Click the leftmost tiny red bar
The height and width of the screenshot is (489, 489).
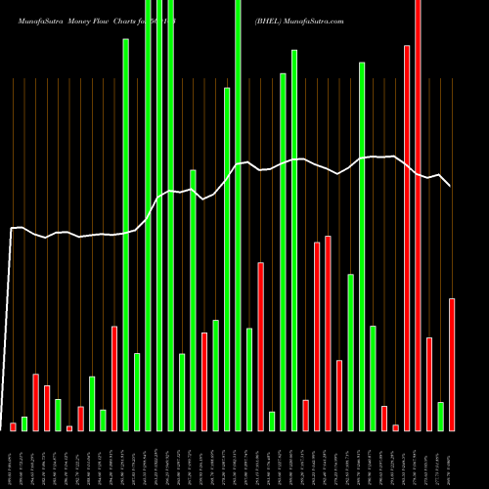tap(14, 426)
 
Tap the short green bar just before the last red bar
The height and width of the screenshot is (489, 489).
tap(440, 416)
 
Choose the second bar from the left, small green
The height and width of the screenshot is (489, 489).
tap(24, 423)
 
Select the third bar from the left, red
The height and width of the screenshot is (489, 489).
tap(35, 402)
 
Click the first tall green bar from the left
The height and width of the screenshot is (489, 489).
tap(125, 235)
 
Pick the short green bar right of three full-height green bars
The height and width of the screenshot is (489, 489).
tap(182, 391)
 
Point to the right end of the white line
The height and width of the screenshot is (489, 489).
tap(451, 186)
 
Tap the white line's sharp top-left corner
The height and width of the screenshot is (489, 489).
tap(12, 229)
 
